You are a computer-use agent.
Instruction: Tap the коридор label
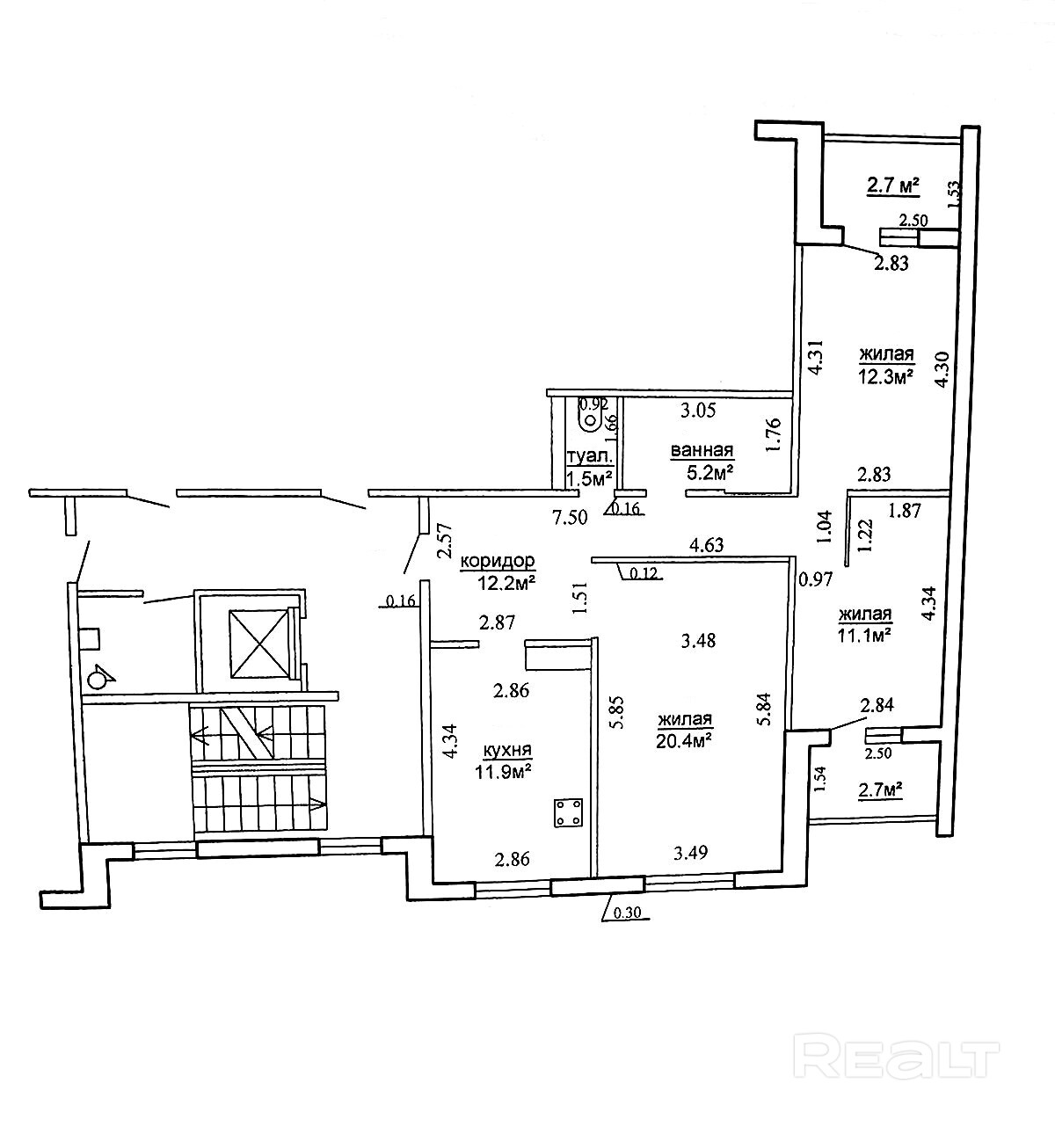(498, 560)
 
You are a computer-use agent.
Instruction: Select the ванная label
(702, 451)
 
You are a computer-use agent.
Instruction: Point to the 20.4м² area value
(683, 739)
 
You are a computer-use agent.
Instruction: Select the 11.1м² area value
(865, 633)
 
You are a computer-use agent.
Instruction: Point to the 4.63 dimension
(707, 544)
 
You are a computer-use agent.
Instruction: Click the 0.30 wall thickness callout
(626, 913)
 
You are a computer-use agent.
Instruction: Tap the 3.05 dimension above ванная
(699, 409)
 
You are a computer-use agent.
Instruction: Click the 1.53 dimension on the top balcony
(953, 194)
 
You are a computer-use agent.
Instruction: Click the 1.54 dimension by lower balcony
(819, 779)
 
